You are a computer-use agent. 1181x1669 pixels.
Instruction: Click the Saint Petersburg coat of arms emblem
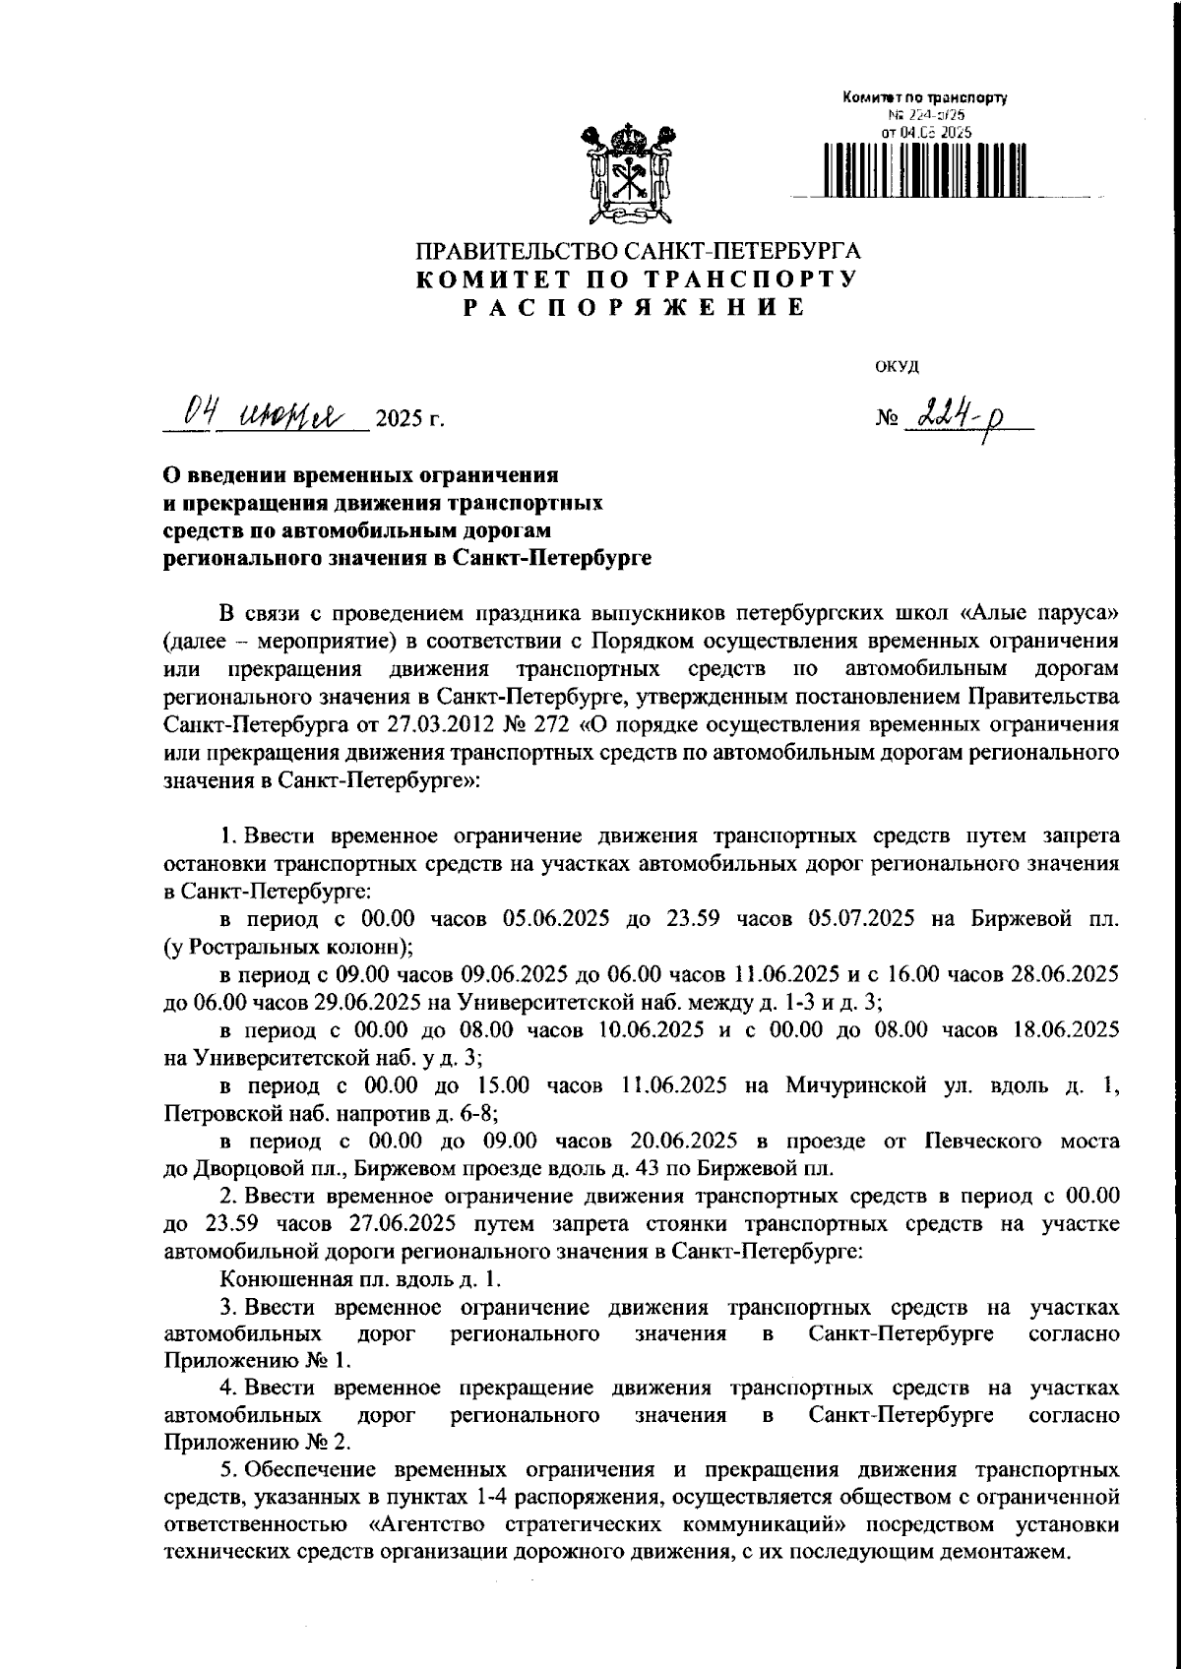627,173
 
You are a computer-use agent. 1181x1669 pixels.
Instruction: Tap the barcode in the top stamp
923,168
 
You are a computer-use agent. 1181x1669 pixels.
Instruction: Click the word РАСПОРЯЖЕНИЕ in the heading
634,307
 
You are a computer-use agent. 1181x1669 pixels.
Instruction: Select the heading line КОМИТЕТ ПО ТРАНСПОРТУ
635,278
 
